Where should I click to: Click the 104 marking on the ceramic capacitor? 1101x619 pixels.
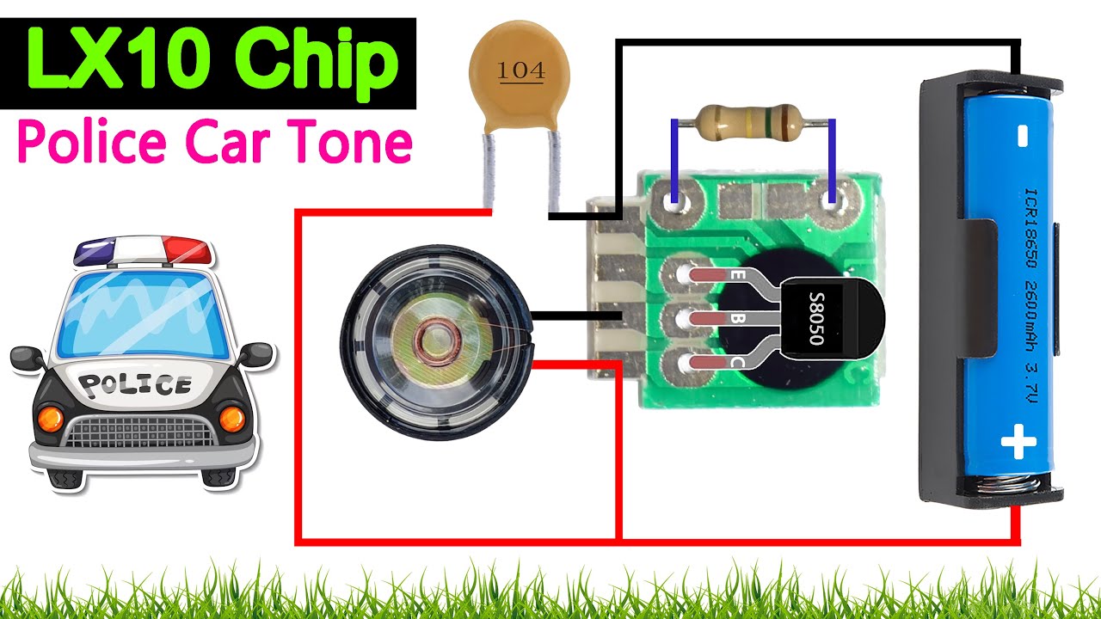click(x=521, y=71)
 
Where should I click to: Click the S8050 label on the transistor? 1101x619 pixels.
click(x=816, y=318)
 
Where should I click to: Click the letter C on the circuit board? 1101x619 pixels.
click(x=736, y=364)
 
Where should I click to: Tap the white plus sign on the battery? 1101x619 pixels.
click(x=1018, y=444)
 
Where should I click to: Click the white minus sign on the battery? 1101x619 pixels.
click(x=1022, y=136)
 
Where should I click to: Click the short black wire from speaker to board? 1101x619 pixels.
click(x=576, y=318)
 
